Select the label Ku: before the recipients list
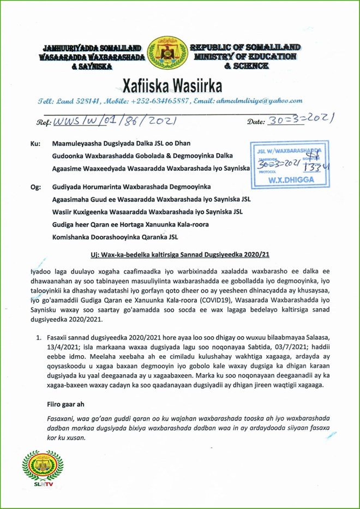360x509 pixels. (34, 146)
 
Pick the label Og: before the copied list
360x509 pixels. (34, 187)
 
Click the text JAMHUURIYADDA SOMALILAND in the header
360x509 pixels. (91, 48)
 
